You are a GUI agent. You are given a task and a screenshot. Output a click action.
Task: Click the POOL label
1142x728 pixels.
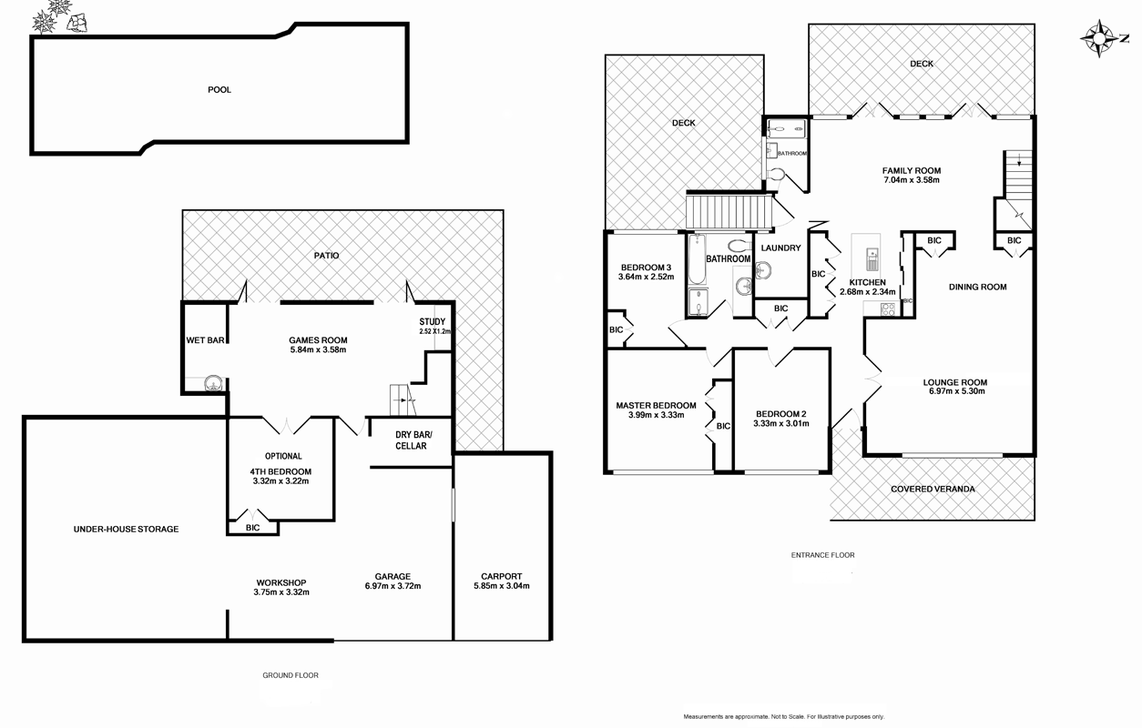219,90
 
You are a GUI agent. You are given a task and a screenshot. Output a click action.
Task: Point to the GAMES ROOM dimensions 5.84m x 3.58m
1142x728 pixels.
318,349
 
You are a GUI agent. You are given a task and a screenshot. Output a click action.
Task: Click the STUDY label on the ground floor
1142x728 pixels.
433,322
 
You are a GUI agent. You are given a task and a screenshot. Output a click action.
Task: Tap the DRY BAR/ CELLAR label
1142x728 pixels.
411,440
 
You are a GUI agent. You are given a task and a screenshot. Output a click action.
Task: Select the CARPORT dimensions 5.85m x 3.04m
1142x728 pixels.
501,586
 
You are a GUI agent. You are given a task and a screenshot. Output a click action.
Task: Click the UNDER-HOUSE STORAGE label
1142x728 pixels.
126,529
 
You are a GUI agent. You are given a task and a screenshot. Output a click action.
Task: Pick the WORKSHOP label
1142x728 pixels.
280,582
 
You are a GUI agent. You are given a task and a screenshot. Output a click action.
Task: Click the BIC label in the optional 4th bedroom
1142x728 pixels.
252,528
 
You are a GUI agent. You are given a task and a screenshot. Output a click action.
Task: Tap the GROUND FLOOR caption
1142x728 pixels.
289,675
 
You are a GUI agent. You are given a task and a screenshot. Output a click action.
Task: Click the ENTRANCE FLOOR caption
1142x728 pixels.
822,554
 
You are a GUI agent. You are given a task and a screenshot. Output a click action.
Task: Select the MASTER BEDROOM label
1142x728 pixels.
656,406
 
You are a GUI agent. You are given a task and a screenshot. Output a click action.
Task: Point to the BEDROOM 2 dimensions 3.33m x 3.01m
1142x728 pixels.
780,424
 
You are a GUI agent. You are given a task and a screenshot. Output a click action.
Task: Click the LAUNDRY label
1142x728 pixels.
780,248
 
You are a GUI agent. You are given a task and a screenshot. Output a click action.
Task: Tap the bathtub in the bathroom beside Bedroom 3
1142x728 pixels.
697,260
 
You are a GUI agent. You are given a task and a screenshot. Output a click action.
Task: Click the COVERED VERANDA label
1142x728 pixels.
933,489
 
